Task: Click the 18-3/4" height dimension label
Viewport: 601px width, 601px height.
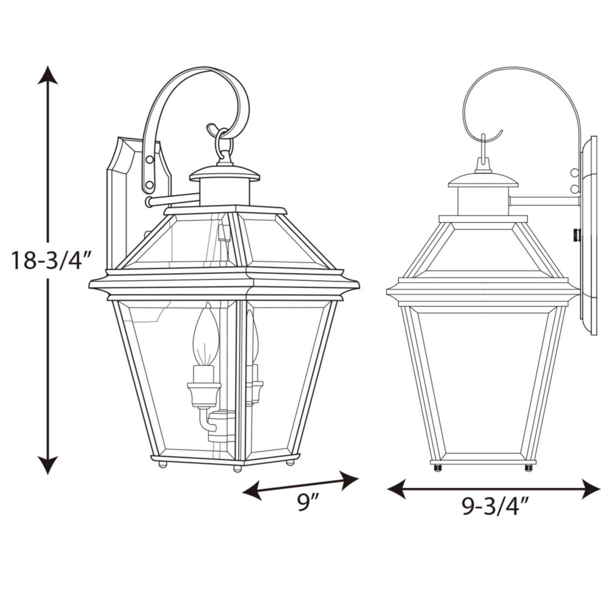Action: coord(48,260)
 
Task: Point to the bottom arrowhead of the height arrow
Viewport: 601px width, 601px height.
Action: coord(48,465)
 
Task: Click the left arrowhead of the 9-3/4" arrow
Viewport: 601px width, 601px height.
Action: coord(397,489)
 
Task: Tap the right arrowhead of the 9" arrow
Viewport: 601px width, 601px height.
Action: coord(349,480)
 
